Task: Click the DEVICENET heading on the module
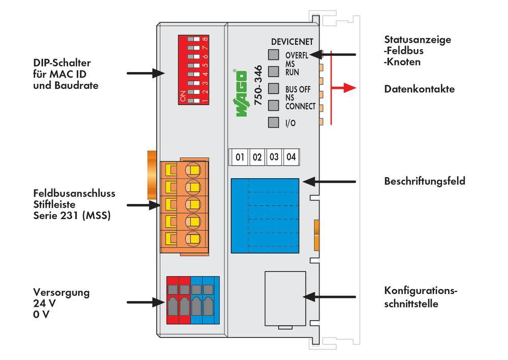292,42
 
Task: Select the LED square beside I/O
274,122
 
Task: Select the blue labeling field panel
264,215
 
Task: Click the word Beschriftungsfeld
425,181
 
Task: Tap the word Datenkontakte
420,89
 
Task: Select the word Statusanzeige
418,40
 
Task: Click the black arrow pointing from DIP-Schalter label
145,73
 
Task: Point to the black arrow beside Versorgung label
145,302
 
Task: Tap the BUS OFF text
298,89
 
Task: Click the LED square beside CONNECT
274,106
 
